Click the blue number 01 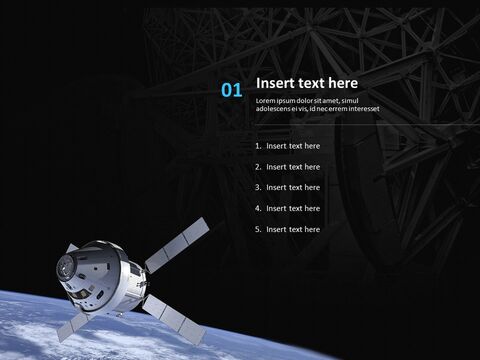(x=232, y=90)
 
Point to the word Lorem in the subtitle (x=266, y=101)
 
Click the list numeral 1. (x=258, y=146)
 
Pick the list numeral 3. (x=258, y=188)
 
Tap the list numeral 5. (x=258, y=230)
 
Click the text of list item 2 (x=293, y=167)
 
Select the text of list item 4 (x=293, y=209)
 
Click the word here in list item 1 (x=312, y=146)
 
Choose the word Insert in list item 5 (x=276, y=230)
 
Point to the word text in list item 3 (x=295, y=188)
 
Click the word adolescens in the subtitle (x=277, y=108)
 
